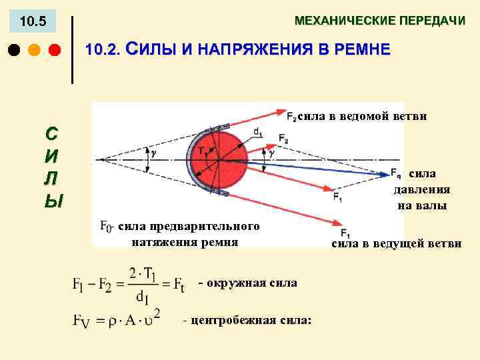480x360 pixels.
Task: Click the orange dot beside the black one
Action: tap(35, 50)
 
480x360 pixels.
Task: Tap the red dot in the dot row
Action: tap(55, 50)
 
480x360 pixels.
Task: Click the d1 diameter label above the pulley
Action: tap(258, 133)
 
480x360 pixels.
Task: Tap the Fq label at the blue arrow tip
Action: tap(395, 175)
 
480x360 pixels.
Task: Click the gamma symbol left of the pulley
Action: tap(154, 153)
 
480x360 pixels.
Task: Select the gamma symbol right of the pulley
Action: tap(271, 153)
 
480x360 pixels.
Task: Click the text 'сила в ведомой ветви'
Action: tap(362, 116)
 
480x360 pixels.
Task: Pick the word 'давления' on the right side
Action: tap(421, 189)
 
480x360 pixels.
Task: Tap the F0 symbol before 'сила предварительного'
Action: tap(105, 227)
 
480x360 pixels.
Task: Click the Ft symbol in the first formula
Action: tap(179, 285)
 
